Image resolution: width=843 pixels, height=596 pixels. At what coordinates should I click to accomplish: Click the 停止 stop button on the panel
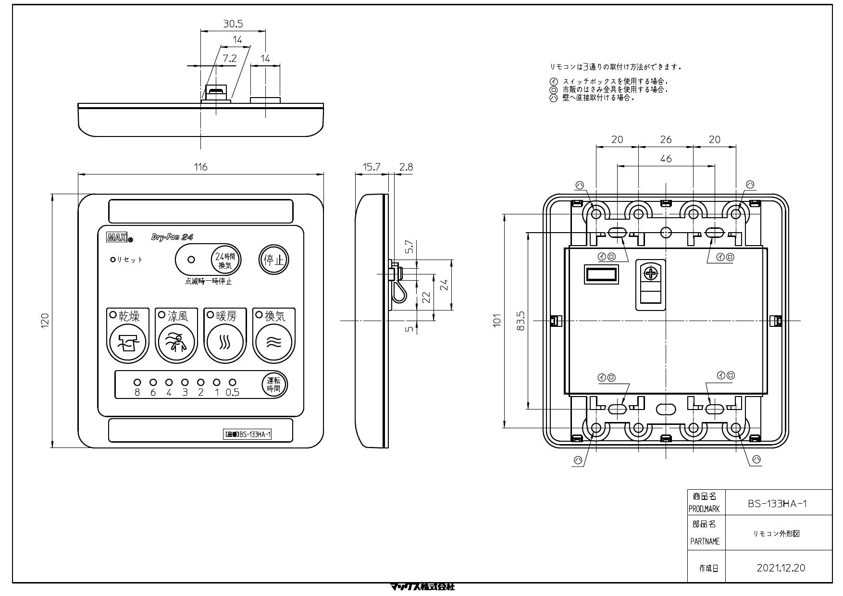274,260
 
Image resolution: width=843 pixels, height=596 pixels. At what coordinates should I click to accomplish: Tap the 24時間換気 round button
225,260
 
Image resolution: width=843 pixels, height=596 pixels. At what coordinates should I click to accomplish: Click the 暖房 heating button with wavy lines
225,342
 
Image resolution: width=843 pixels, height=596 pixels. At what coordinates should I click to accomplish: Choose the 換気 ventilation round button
273,342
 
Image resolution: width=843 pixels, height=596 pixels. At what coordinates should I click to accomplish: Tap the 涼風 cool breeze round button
176,342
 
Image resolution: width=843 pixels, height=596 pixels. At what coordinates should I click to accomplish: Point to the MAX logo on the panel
117,237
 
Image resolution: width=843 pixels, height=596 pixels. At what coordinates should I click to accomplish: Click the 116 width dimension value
200,167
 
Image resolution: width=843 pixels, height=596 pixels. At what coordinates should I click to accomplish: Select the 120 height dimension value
45,320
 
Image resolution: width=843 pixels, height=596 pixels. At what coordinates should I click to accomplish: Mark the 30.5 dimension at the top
233,24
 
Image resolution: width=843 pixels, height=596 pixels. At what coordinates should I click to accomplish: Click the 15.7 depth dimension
371,167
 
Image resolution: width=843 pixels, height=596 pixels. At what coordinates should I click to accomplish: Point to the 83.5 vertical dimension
521,320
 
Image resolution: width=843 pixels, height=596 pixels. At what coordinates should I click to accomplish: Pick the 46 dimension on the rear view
666,159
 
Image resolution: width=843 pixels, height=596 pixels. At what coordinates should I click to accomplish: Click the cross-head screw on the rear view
651,274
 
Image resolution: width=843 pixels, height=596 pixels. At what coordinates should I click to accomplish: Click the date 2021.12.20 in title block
781,568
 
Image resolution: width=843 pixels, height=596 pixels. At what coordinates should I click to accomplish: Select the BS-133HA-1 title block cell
777,503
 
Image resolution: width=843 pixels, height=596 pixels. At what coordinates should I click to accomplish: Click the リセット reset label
130,260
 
